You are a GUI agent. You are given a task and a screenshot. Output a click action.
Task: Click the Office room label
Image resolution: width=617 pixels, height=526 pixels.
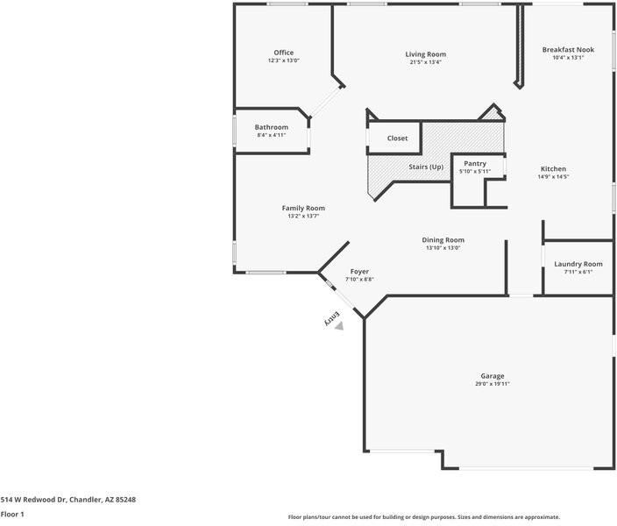(284, 53)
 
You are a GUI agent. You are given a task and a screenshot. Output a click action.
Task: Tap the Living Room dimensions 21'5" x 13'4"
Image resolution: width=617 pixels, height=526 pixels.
(426, 62)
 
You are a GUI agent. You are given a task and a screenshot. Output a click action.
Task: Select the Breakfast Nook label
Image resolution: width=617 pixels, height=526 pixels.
(568, 50)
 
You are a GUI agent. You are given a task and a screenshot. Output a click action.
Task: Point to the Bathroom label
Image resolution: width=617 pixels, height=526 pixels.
(272, 127)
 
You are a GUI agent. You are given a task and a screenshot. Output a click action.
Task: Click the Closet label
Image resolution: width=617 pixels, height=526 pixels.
(397, 139)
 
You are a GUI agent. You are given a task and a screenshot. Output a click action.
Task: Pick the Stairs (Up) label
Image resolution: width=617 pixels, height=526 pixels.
(426, 167)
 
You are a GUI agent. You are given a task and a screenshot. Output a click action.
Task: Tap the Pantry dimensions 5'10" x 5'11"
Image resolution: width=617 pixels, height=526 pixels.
(475, 171)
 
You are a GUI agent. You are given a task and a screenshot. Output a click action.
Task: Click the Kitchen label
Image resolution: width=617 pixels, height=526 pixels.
(553, 169)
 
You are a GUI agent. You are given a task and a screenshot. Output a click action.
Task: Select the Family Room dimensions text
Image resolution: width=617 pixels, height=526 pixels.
(303, 217)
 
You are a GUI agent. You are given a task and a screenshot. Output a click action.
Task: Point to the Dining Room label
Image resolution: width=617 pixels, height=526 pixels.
(443, 240)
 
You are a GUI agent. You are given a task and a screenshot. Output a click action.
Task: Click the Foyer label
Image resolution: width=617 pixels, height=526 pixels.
(359, 272)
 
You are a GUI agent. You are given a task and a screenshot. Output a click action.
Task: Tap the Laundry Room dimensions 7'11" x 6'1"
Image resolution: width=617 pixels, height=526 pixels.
(578, 272)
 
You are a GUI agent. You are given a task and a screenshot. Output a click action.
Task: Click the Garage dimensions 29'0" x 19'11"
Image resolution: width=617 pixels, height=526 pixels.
(493, 384)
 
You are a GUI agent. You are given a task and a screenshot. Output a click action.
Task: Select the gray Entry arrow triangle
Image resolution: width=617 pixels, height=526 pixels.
(339, 326)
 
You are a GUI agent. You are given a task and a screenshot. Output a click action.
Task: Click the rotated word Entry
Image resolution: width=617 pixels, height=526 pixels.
(331, 318)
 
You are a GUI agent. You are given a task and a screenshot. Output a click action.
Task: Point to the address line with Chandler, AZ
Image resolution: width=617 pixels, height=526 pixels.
(68, 500)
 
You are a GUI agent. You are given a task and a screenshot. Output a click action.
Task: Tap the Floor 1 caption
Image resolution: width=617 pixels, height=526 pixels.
(12, 515)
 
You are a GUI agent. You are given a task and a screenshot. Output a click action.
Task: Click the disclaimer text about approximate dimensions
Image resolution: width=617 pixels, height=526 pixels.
(424, 517)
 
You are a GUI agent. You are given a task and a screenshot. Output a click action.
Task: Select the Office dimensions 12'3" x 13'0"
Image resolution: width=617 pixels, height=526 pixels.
(284, 60)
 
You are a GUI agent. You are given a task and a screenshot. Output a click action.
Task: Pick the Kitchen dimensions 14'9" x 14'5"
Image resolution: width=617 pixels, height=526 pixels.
(553, 177)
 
